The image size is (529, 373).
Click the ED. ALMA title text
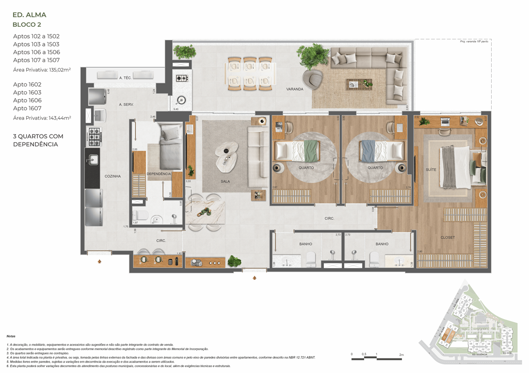click(x=30, y=15)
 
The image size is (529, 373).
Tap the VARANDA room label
click(x=294, y=89)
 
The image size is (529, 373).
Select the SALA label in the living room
click(x=225, y=182)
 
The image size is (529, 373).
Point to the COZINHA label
click(x=112, y=176)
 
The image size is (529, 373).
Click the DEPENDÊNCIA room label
click(x=159, y=174)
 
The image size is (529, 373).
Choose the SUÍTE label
click(x=431, y=170)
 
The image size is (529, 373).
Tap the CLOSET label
click(x=447, y=238)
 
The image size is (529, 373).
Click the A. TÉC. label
click(x=126, y=78)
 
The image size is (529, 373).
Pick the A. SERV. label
click(x=126, y=104)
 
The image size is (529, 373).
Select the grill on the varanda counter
click(x=182, y=78)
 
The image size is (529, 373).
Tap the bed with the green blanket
click(x=297, y=151)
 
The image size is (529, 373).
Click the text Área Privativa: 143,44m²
click(x=42, y=118)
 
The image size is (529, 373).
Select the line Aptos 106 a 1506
click(x=36, y=52)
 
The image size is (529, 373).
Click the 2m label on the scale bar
click(x=401, y=355)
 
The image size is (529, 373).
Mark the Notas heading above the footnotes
click(x=11, y=336)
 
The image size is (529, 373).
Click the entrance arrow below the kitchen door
click(x=99, y=261)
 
